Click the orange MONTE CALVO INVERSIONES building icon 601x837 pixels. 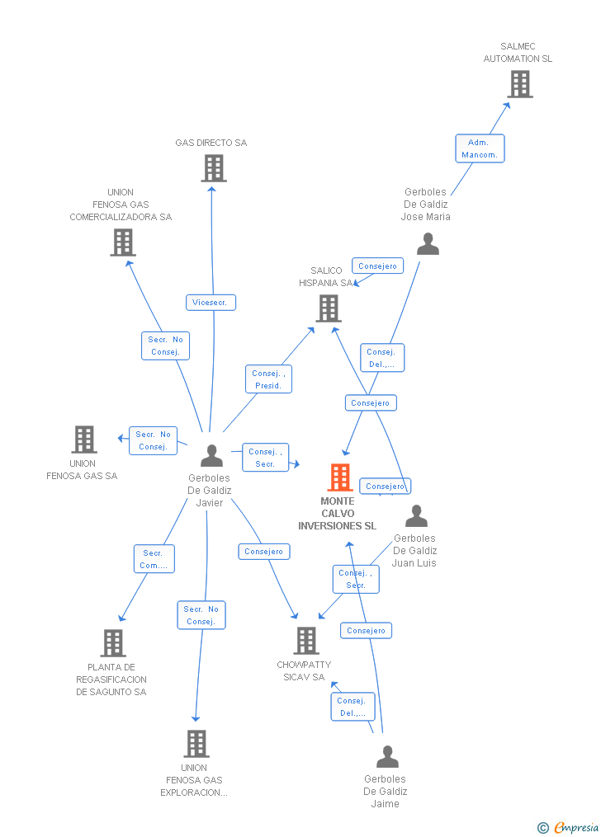click(340, 477)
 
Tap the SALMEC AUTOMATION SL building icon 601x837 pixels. click(520, 84)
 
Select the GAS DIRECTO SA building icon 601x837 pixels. click(213, 168)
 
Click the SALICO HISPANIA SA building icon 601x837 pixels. click(329, 308)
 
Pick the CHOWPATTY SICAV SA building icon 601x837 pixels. click(306, 641)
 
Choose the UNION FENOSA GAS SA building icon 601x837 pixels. click(84, 440)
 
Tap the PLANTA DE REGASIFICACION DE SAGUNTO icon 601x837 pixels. click(113, 643)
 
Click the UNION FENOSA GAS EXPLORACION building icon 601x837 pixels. click(196, 744)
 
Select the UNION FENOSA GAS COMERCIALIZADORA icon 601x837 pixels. click(123, 242)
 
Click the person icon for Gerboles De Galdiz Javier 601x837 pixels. click(212, 456)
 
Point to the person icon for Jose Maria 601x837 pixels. click(428, 244)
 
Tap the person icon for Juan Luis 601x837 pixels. click(417, 516)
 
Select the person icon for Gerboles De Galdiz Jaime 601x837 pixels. click(387, 757)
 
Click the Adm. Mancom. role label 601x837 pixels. click(480, 148)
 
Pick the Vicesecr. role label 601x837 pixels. click(211, 303)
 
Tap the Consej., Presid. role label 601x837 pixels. click(268, 379)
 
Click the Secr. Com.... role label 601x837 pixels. click(154, 559)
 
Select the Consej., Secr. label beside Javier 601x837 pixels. click(265, 458)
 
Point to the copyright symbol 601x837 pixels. click(542, 828)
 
